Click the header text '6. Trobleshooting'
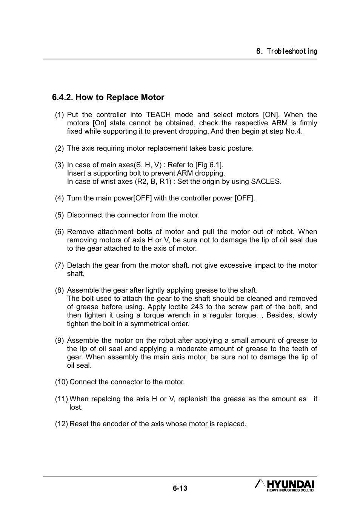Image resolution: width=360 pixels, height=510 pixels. (x=286, y=51)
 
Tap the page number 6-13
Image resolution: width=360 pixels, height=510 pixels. (x=180, y=488)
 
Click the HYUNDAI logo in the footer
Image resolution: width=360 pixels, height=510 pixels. (x=285, y=485)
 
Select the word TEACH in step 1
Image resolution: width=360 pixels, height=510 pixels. (x=158, y=115)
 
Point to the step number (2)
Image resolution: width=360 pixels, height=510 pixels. (x=59, y=148)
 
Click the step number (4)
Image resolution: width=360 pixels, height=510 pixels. (x=59, y=198)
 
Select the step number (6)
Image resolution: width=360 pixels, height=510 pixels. (x=59, y=232)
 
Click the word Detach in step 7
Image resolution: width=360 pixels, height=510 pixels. (x=78, y=265)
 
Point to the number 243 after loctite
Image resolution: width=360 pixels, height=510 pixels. (x=197, y=307)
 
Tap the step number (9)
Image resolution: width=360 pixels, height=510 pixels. (x=59, y=341)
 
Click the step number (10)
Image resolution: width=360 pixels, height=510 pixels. (x=61, y=382)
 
